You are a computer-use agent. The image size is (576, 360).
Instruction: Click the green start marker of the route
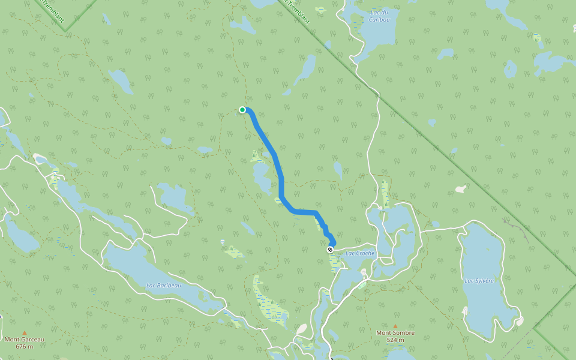coord(242,109)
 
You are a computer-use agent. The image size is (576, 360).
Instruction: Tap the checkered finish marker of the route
coord(330,249)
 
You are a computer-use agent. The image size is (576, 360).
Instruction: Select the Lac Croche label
coord(360,253)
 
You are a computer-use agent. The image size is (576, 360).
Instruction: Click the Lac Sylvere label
coord(479,280)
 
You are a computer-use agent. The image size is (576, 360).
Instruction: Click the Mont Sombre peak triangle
coord(395,326)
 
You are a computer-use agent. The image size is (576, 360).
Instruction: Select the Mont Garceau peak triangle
coord(25,332)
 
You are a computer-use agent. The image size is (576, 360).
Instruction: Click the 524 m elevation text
coord(395,340)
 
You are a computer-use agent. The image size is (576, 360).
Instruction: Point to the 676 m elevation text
coord(25,346)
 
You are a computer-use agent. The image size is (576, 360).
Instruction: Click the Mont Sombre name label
coord(395,333)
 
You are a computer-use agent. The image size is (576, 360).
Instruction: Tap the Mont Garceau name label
coord(25,339)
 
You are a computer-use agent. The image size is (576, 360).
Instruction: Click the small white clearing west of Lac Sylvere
coord(461,189)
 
